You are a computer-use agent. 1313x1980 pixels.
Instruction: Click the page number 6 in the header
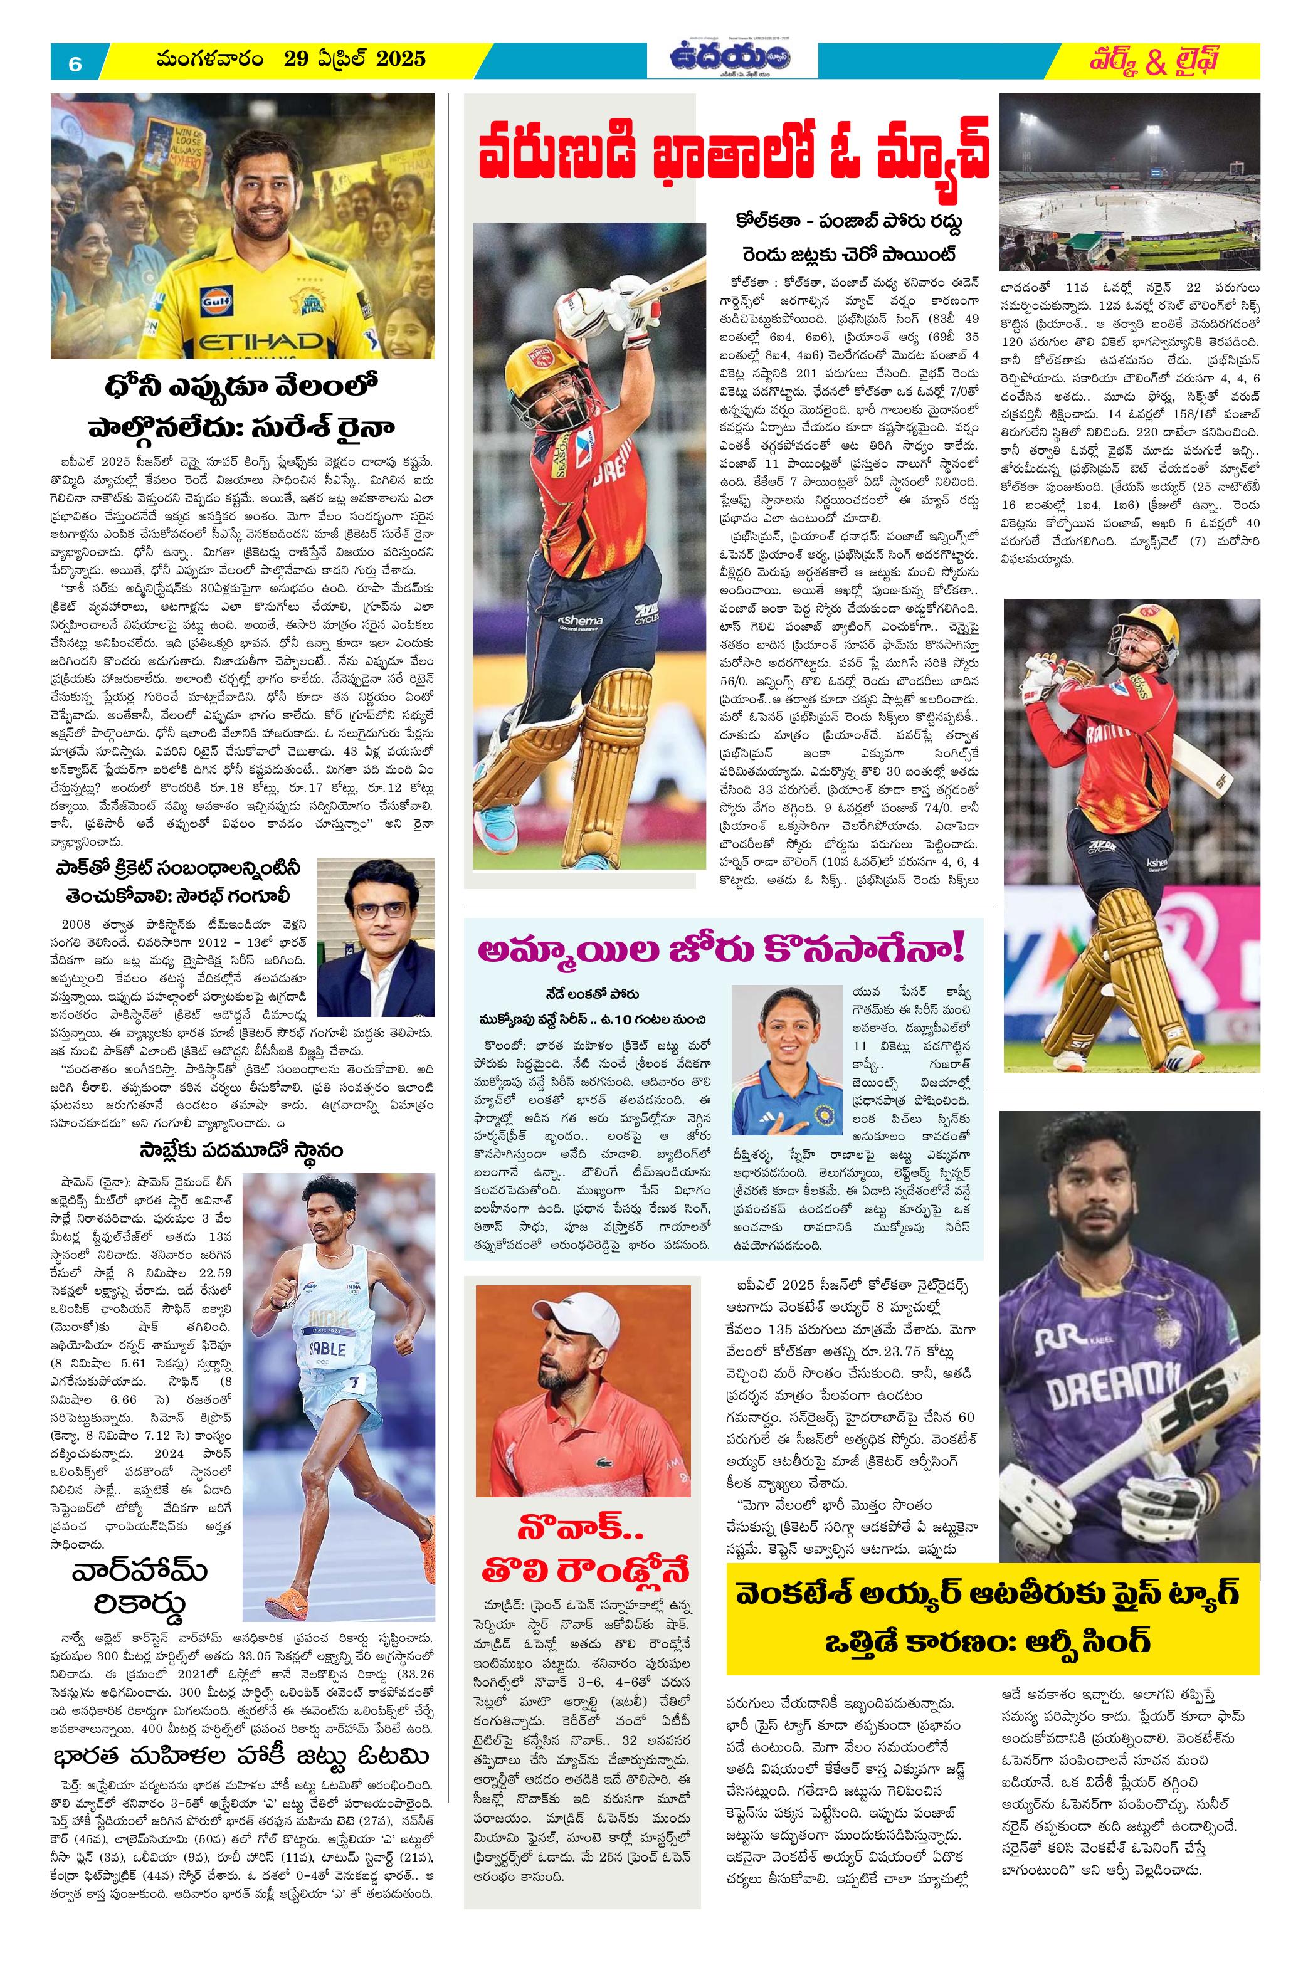coord(75,63)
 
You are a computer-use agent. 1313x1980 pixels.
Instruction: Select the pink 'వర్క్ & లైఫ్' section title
coord(1155,61)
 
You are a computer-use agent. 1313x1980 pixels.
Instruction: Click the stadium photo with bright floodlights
coord(1130,182)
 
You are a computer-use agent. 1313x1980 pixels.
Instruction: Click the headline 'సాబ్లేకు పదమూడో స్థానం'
coord(241,1151)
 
